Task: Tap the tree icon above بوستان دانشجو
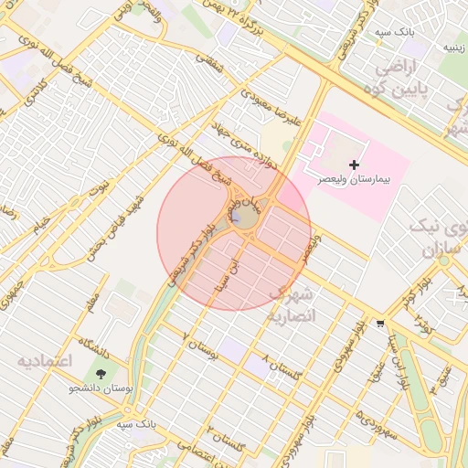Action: (100, 373)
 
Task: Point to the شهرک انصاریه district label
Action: (292, 305)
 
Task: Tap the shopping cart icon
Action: (379, 324)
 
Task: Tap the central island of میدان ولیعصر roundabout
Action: (244, 217)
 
